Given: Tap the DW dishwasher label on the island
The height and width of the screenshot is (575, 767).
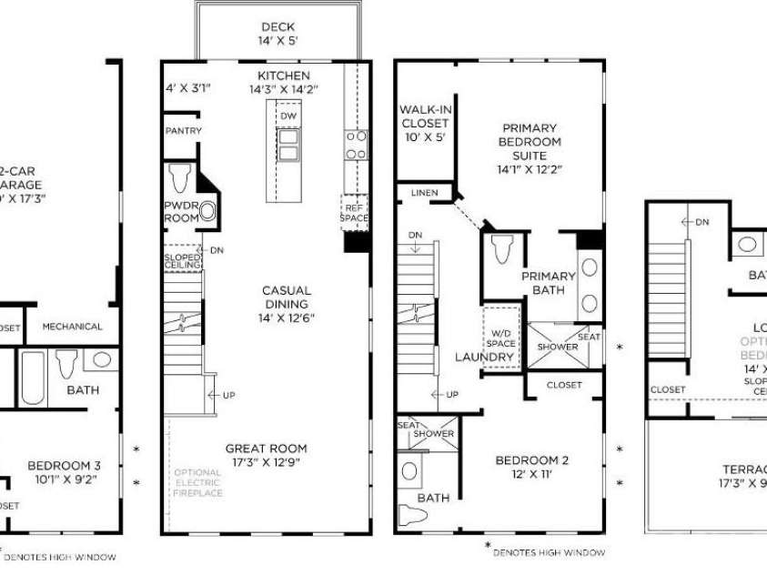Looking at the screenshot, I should click(288, 116).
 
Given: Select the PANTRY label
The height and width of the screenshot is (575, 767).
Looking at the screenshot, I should click(183, 131).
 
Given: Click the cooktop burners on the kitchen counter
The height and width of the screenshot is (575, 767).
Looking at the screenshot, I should click(355, 145).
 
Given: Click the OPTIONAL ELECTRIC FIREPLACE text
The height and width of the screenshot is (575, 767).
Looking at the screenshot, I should click(197, 482).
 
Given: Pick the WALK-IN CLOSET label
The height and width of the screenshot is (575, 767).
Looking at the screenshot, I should click(425, 123).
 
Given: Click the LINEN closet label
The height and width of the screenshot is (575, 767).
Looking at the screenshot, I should click(424, 193).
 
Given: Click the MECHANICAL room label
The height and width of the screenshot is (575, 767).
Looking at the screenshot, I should click(72, 327).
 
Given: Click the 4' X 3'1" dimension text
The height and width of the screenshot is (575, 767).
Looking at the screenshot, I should click(188, 88).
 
